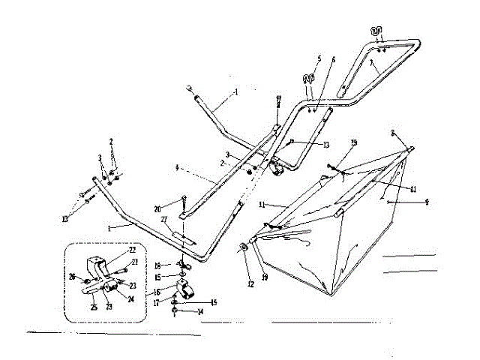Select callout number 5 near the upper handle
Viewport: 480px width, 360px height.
click(x=319, y=58)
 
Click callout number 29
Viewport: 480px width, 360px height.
click(x=354, y=142)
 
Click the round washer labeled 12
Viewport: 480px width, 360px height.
click(x=246, y=247)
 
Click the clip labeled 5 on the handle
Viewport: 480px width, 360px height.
click(x=307, y=78)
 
